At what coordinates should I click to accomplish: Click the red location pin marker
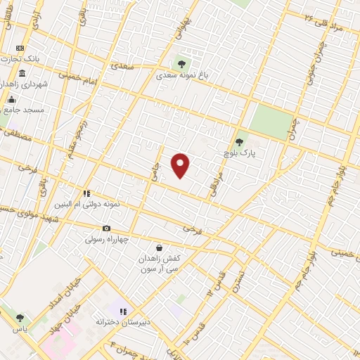coord(181,165)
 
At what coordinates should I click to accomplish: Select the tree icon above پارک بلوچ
coord(239,142)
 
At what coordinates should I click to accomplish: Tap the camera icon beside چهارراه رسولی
coord(106,228)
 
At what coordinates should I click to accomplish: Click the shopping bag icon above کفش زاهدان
coord(159,247)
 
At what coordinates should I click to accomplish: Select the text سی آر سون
coord(158,269)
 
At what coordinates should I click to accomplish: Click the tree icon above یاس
coord(20,318)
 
